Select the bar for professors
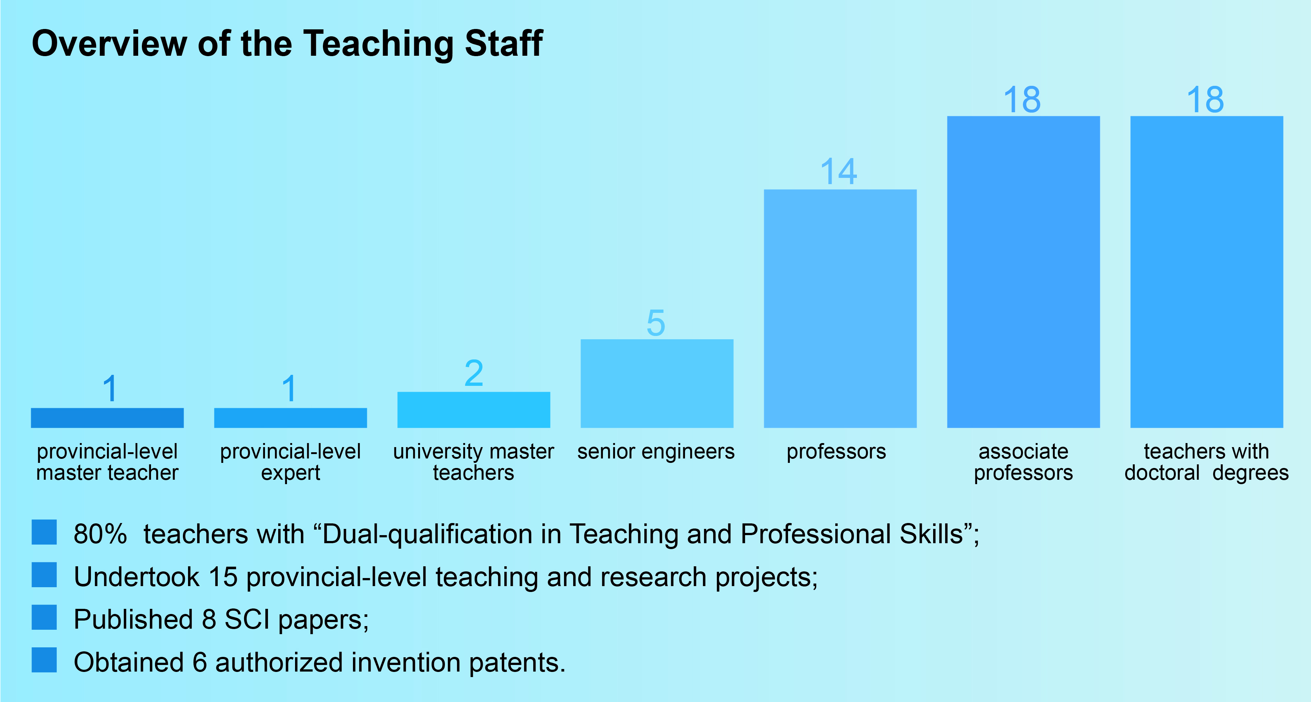tap(840, 309)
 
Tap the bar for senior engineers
tap(657, 384)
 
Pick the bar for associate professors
tap(1023, 272)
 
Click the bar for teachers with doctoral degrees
tap(1207, 272)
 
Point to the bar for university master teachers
tap(474, 410)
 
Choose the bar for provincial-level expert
tap(291, 418)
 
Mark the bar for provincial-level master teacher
tap(107, 418)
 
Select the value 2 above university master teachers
tap(474, 373)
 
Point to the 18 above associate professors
tap(1023, 99)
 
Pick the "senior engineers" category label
tap(656, 452)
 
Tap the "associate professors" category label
tap(1023, 462)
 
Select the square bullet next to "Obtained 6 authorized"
tap(44, 660)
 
